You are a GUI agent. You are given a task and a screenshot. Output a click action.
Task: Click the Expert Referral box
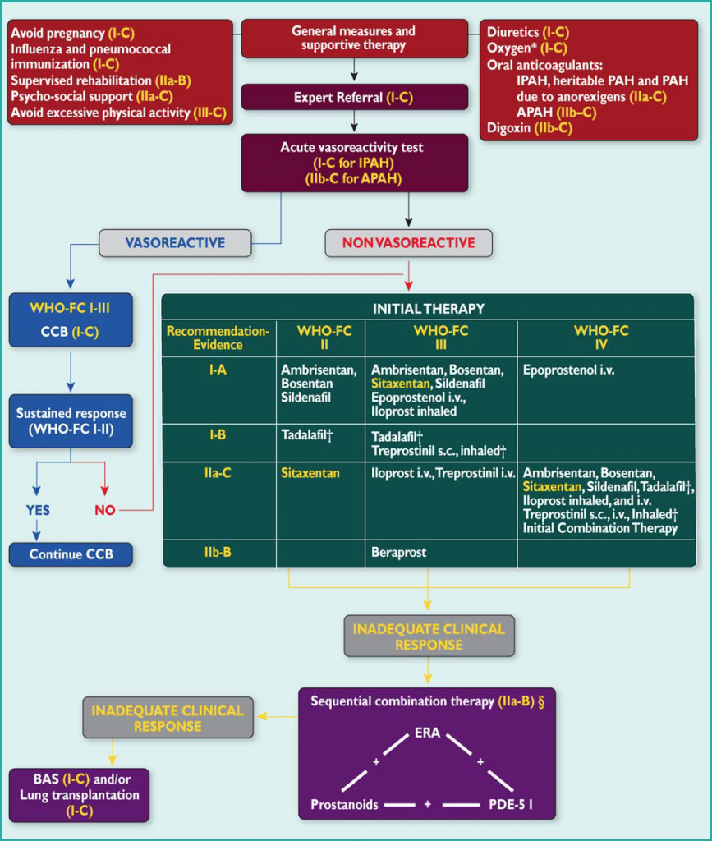pyautogui.click(x=354, y=98)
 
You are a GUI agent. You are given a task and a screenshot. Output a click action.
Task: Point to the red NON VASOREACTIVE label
pyautogui.click(x=408, y=243)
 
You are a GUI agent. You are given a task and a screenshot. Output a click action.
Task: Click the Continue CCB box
pyautogui.click(x=71, y=554)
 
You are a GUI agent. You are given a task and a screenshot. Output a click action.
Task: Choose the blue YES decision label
pyautogui.click(x=37, y=510)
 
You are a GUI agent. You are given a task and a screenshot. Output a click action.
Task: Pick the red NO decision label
pyautogui.click(x=105, y=510)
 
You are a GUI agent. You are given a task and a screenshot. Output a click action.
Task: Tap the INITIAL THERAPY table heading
pyautogui.click(x=428, y=309)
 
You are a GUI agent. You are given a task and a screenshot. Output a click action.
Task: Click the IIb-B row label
pyautogui.click(x=217, y=552)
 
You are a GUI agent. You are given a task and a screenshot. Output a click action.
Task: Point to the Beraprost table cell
pyautogui.click(x=399, y=553)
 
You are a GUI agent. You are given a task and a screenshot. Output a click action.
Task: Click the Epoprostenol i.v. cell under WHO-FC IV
pyautogui.click(x=568, y=370)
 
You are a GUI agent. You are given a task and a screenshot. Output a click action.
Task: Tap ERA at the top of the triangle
pyautogui.click(x=427, y=732)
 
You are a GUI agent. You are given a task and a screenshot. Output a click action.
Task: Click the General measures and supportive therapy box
pyautogui.click(x=354, y=38)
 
